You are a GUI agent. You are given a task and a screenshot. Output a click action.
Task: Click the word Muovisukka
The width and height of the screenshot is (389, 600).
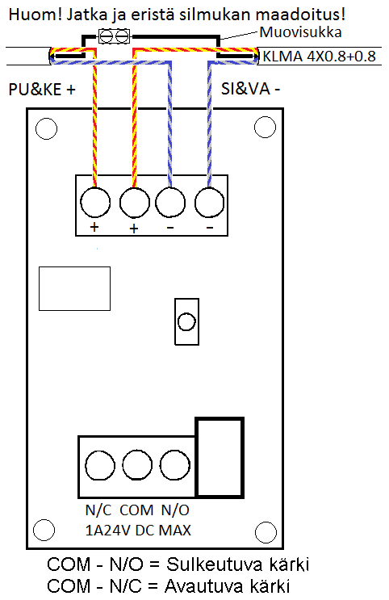(x=300, y=32)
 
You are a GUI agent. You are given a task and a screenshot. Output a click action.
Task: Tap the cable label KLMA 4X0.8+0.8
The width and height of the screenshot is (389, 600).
(x=319, y=57)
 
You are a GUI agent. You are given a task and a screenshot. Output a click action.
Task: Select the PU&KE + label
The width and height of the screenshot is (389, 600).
(x=42, y=90)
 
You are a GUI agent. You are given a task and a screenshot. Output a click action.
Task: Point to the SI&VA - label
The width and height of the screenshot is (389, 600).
(x=250, y=89)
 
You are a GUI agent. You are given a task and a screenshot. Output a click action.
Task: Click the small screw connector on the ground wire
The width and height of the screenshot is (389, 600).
(x=115, y=36)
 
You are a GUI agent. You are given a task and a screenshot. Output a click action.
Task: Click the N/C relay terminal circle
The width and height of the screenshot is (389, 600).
(x=100, y=465)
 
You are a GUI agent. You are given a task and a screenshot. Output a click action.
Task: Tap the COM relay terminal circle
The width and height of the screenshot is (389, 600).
(x=137, y=465)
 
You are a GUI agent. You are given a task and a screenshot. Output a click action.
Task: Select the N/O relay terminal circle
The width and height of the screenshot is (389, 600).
(x=174, y=465)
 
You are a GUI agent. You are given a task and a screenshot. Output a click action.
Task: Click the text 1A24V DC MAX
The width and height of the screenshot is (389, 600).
(x=138, y=531)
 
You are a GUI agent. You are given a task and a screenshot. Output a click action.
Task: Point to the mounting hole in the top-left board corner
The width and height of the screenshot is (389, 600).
(x=46, y=128)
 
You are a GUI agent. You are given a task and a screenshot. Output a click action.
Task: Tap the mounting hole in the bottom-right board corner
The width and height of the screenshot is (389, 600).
(x=266, y=532)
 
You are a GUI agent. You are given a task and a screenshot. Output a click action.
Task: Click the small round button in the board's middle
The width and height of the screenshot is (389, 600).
(x=186, y=321)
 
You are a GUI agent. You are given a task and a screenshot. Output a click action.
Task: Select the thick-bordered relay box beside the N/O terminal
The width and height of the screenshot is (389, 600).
(x=220, y=458)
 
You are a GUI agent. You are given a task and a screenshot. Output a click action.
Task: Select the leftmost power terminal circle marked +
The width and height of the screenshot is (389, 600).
(x=95, y=202)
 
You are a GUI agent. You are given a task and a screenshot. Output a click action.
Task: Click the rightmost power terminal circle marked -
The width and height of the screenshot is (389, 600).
(x=209, y=202)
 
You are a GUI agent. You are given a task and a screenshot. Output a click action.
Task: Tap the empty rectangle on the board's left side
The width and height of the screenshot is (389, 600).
(x=74, y=288)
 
